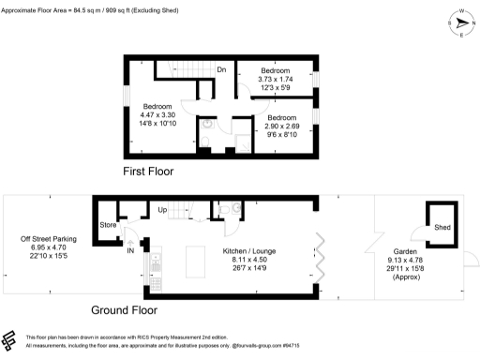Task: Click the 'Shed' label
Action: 441,228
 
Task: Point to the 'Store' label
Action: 109,225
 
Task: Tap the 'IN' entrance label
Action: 130,250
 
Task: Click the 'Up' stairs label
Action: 162,209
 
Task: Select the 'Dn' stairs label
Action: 221,70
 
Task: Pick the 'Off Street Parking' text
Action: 49,240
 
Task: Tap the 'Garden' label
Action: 405,251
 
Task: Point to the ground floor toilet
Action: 228,211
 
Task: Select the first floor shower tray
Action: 242,142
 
